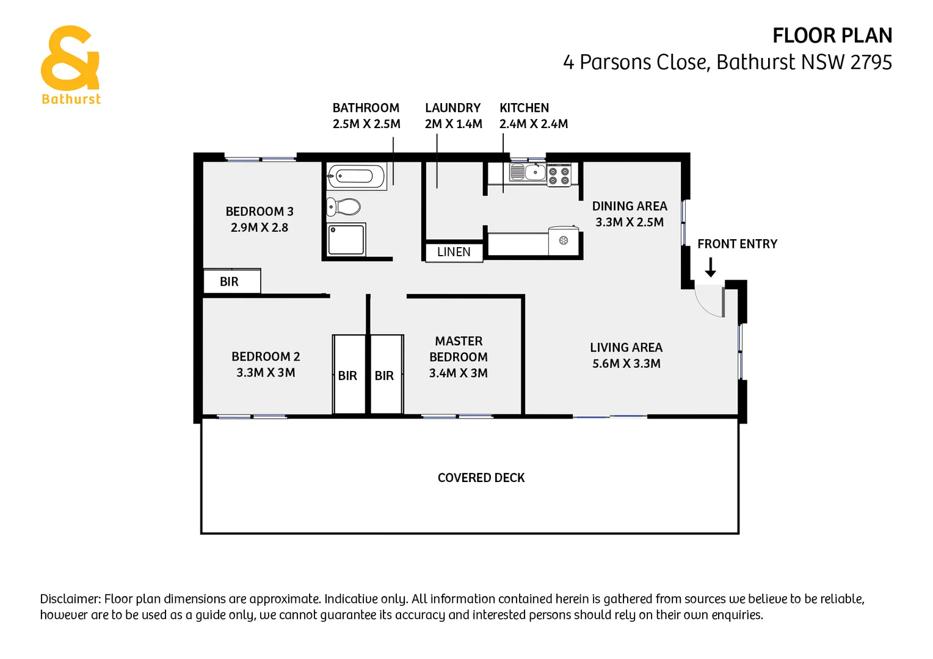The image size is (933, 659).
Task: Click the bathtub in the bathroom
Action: [x=356, y=176]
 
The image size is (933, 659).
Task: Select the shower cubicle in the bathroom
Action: [x=346, y=239]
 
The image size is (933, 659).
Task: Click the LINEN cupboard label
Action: [x=454, y=252]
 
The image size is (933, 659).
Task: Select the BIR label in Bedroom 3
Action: [x=229, y=282]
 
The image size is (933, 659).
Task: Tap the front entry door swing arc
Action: [x=708, y=304]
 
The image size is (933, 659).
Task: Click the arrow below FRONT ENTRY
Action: [x=710, y=267]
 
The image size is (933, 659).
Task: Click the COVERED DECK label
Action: [x=481, y=478]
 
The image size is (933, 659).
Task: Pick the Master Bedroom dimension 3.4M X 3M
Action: [x=458, y=373]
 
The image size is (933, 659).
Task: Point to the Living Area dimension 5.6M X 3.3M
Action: [x=626, y=364]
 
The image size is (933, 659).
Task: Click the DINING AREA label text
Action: [x=630, y=206]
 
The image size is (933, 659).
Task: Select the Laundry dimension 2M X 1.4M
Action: [x=453, y=124]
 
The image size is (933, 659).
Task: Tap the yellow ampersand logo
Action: [x=69, y=58]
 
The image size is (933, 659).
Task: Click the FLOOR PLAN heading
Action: [x=832, y=36]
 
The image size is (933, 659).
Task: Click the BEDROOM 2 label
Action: [x=266, y=357]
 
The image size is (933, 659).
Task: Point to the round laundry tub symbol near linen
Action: [x=564, y=240]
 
